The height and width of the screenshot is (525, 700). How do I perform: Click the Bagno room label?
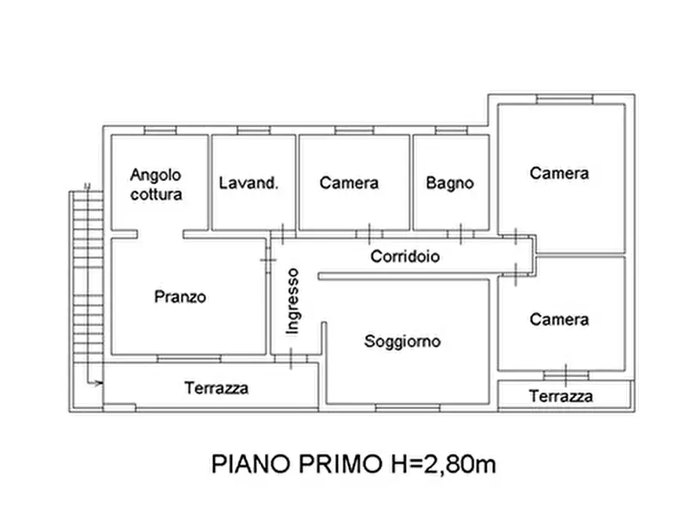(450, 183)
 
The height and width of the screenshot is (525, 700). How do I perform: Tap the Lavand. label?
(248, 183)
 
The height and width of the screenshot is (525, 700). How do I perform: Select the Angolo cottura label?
(156, 184)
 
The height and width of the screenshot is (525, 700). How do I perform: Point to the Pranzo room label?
(180, 297)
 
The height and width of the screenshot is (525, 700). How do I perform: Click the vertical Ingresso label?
(292, 301)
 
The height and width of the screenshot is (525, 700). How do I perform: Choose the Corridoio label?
(405, 256)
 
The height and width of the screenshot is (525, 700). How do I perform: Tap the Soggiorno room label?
(402, 342)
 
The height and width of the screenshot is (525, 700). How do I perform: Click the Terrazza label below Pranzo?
(216, 388)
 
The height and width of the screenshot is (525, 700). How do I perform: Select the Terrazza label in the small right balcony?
(561, 396)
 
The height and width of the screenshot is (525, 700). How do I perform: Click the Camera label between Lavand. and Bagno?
(349, 183)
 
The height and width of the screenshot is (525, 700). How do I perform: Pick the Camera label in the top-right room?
(560, 173)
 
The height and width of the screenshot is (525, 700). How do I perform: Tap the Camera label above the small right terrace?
(560, 320)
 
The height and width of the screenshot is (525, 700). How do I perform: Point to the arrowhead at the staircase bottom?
(99, 383)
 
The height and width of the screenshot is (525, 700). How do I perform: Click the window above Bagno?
(451, 130)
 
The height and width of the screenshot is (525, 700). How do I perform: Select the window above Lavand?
(253, 130)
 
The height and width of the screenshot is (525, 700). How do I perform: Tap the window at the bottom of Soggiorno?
(408, 407)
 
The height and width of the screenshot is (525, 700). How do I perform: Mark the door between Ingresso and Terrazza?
(291, 358)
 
